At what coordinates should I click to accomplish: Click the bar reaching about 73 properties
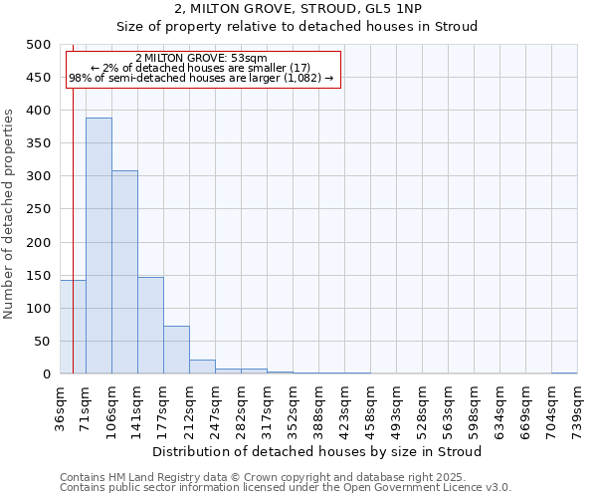coord(176,350)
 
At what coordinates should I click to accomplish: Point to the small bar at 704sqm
coord(564,373)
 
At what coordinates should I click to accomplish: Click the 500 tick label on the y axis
coord(39,45)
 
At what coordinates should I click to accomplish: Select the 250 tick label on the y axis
coord(39,209)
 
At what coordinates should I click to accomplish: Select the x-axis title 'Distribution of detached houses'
coord(318,451)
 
